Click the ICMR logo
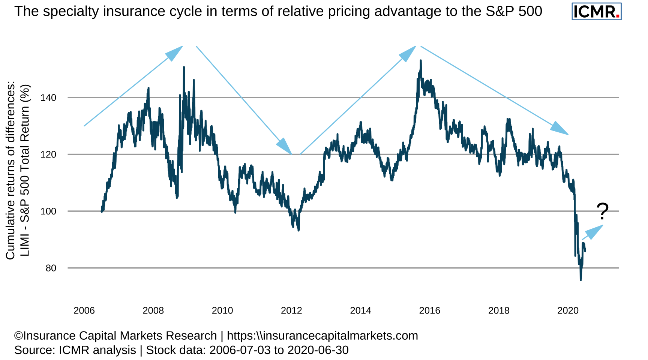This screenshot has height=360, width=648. tap(596, 12)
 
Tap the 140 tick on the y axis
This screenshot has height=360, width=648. tap(48, 98)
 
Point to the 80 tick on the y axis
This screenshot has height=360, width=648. tap(51, 268)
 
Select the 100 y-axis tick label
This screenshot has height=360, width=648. tap(48, 211)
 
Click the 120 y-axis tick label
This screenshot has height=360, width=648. tap(48, 154)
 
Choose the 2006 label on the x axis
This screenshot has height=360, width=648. tap(84, 310)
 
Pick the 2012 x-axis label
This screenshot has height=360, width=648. tap(291, 310)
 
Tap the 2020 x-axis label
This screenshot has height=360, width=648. tap(568, 310)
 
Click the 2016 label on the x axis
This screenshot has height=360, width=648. tap(429, 310)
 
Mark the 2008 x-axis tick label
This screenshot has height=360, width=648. tap(153, 310)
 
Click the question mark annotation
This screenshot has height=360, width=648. tap(602, 211)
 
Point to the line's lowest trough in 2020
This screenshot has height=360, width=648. tap(581, 280)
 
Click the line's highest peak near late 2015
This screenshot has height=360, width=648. tap(421, 61)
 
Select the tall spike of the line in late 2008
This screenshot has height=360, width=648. tap(184, 67)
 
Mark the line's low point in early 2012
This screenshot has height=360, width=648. tap(298, 230)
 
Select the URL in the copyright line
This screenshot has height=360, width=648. tap(322, 336)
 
